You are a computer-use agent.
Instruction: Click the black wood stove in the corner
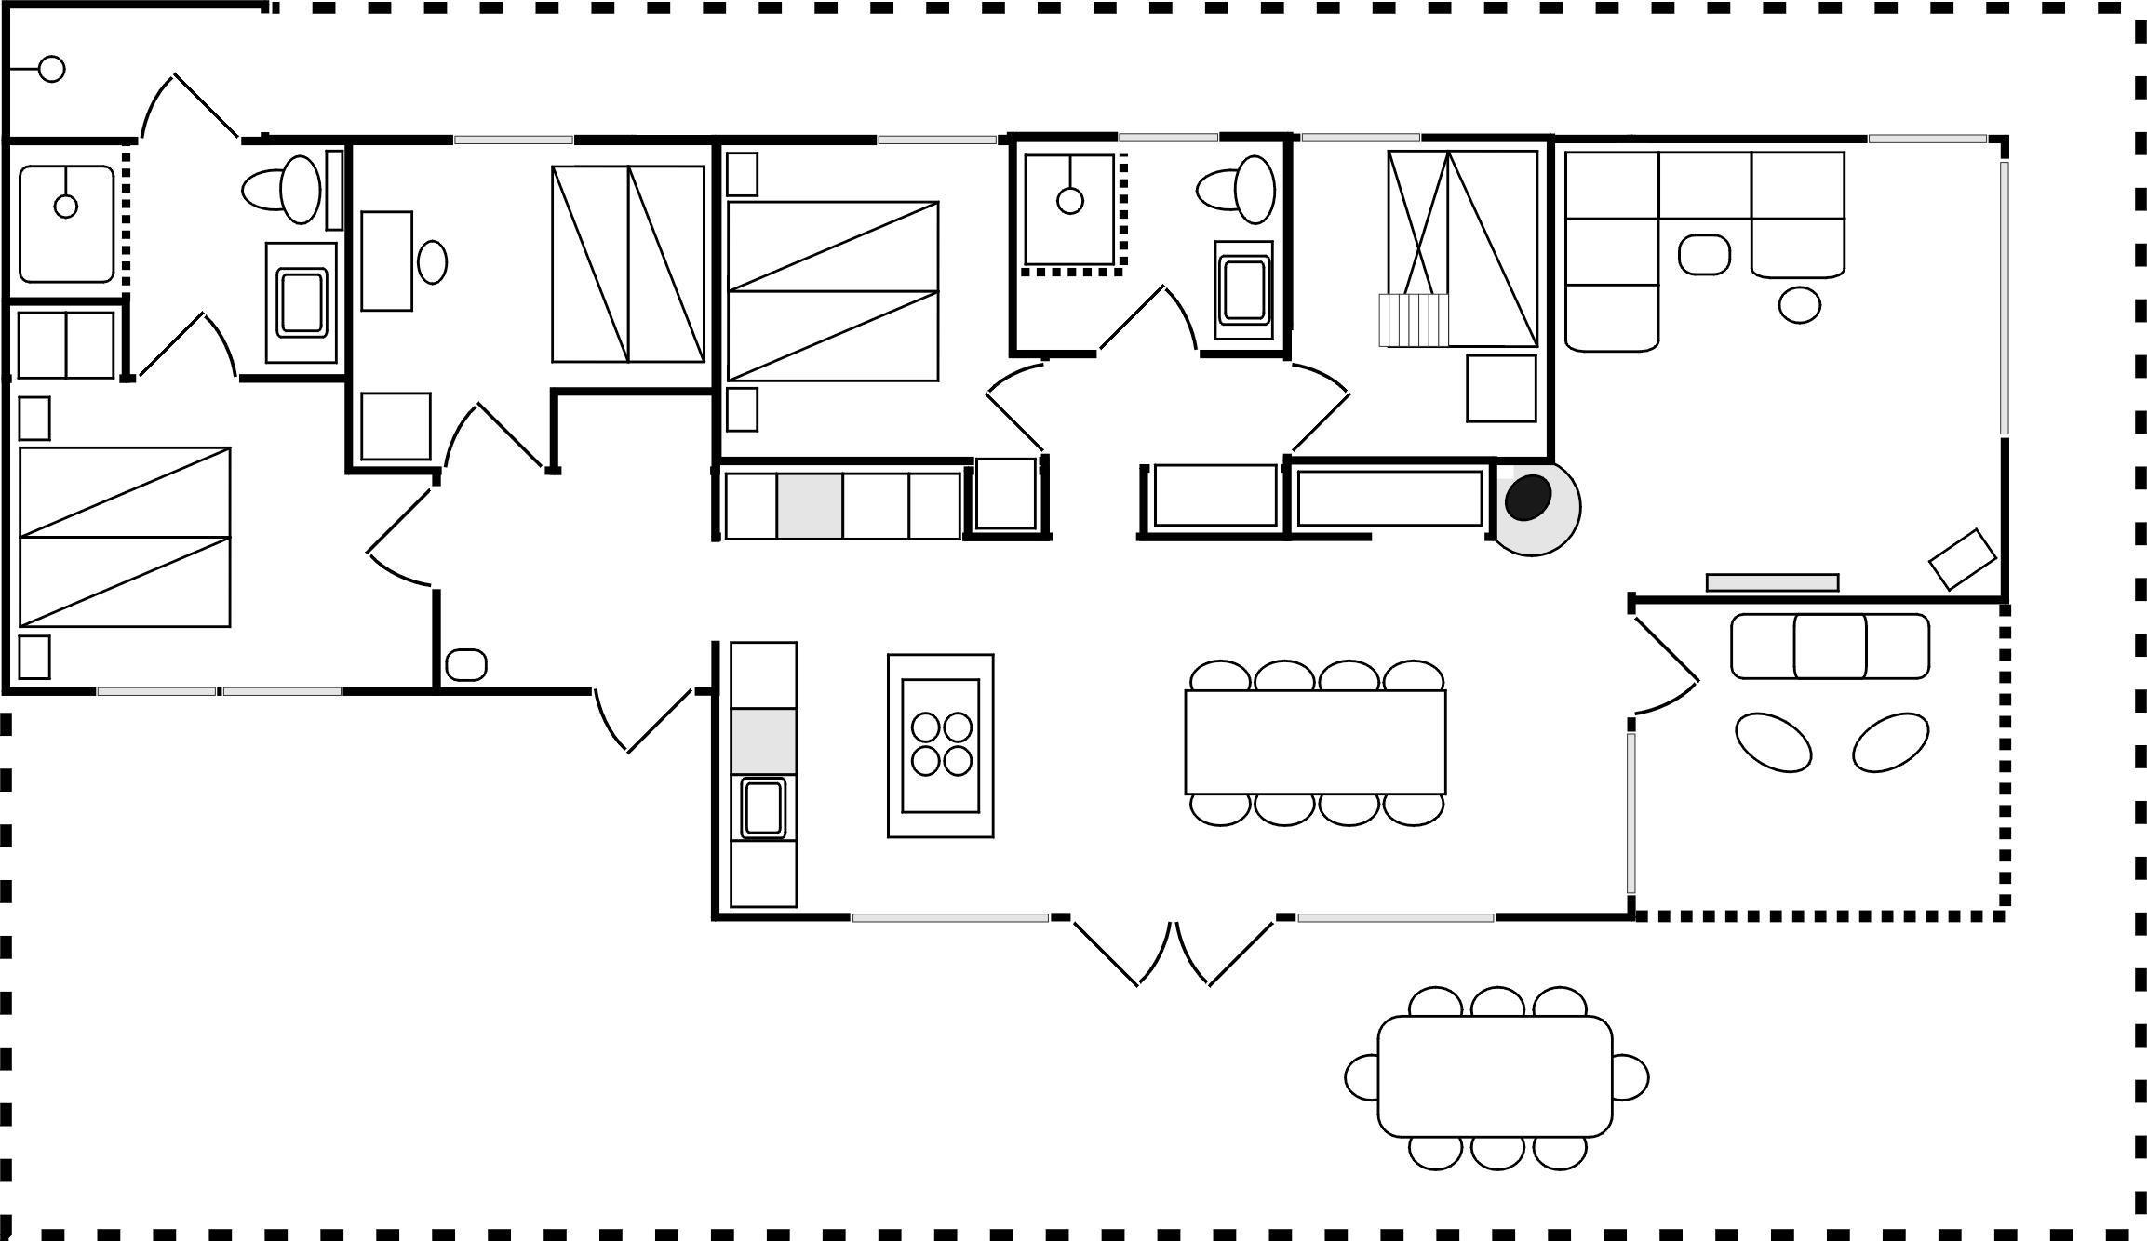1527,498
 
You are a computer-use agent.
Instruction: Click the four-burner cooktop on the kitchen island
941,744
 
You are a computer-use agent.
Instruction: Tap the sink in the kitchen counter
763,807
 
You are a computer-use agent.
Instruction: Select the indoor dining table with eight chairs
1315,741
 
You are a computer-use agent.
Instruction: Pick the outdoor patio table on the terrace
1495,1076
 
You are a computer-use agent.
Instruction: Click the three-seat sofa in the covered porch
1830,647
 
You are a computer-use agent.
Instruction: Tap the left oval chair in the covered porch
1773,741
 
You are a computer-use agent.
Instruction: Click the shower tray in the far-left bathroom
66,224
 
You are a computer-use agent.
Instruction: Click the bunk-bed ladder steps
1414,320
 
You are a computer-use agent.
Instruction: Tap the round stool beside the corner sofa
1799,305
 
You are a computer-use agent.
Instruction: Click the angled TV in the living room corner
1962,559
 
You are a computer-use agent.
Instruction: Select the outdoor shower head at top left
51,69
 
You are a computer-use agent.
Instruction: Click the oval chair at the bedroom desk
432,262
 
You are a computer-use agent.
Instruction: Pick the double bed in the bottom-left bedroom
125,537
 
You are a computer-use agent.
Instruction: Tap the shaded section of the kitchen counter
763,741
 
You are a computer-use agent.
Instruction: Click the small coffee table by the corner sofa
1704,254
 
